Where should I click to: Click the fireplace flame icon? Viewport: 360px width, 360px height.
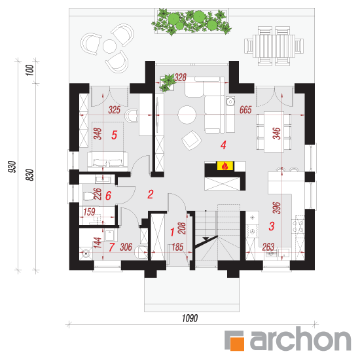click(225, 166)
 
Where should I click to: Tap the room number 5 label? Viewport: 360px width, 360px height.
click(115, 135)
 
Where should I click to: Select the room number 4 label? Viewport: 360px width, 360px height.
click(223, 145)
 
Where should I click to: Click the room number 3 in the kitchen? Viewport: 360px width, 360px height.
click(272, 226)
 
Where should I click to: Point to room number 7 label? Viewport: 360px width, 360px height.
click(111, 247)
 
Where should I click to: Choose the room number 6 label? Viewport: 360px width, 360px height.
click(108, 196)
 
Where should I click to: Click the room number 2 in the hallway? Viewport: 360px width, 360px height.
click(151, 194)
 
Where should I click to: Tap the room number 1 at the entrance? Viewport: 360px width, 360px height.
click(172, 232)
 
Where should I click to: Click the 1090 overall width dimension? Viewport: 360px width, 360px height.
click(190, 319)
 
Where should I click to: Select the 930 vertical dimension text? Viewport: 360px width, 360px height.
click(12, 167)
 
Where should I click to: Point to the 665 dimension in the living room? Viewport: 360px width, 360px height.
click(245, 110)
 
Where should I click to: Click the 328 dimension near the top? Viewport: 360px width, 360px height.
click(180, 78)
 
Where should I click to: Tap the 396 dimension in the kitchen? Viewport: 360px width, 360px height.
click(277, 208)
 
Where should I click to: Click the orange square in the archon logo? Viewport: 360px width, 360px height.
click(237, 344)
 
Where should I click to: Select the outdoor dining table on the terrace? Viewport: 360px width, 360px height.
click(274, 46)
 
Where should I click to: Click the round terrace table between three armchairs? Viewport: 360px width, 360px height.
click(109, 46)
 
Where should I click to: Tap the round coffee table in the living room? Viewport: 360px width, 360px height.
click(187, 115)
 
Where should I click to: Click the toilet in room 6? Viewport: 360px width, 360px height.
click(88, 196)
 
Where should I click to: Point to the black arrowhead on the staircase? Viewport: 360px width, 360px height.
click(206, 238)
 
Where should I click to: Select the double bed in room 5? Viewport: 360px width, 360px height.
click(107, 161)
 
